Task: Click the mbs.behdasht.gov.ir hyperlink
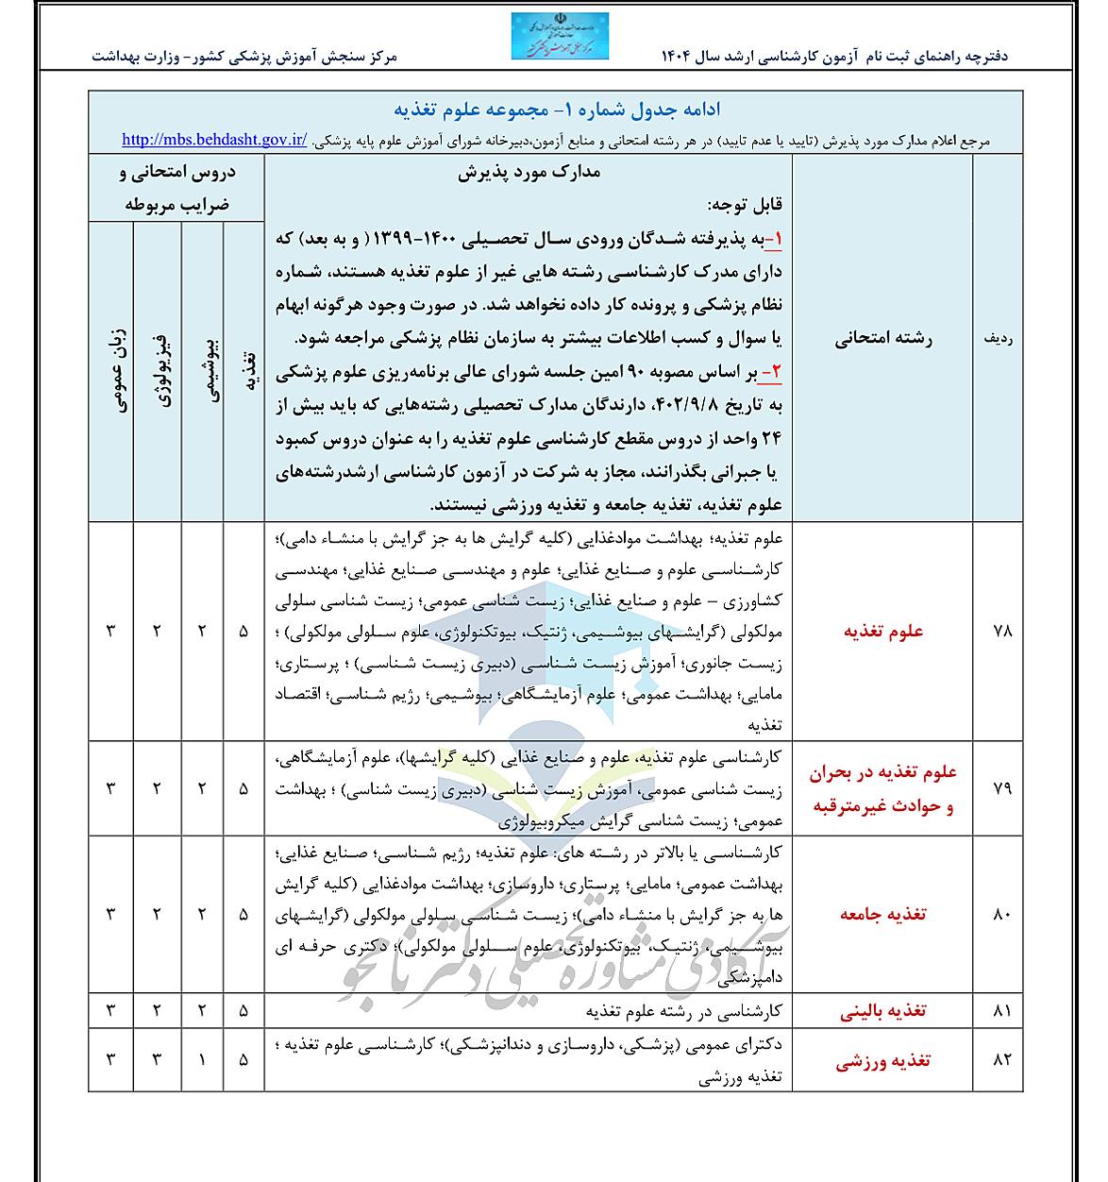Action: click(214, 140)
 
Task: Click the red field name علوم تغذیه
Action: click(883, 632)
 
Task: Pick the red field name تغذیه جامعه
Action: click(883, 914)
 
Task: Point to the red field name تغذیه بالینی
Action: click(883, 1011)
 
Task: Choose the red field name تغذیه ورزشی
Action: click(883, 1060)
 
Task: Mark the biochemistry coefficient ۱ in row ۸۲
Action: click(202, 1060)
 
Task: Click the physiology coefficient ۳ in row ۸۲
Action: click(157, 1060)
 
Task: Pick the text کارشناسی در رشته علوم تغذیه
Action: click(683, 1011)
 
